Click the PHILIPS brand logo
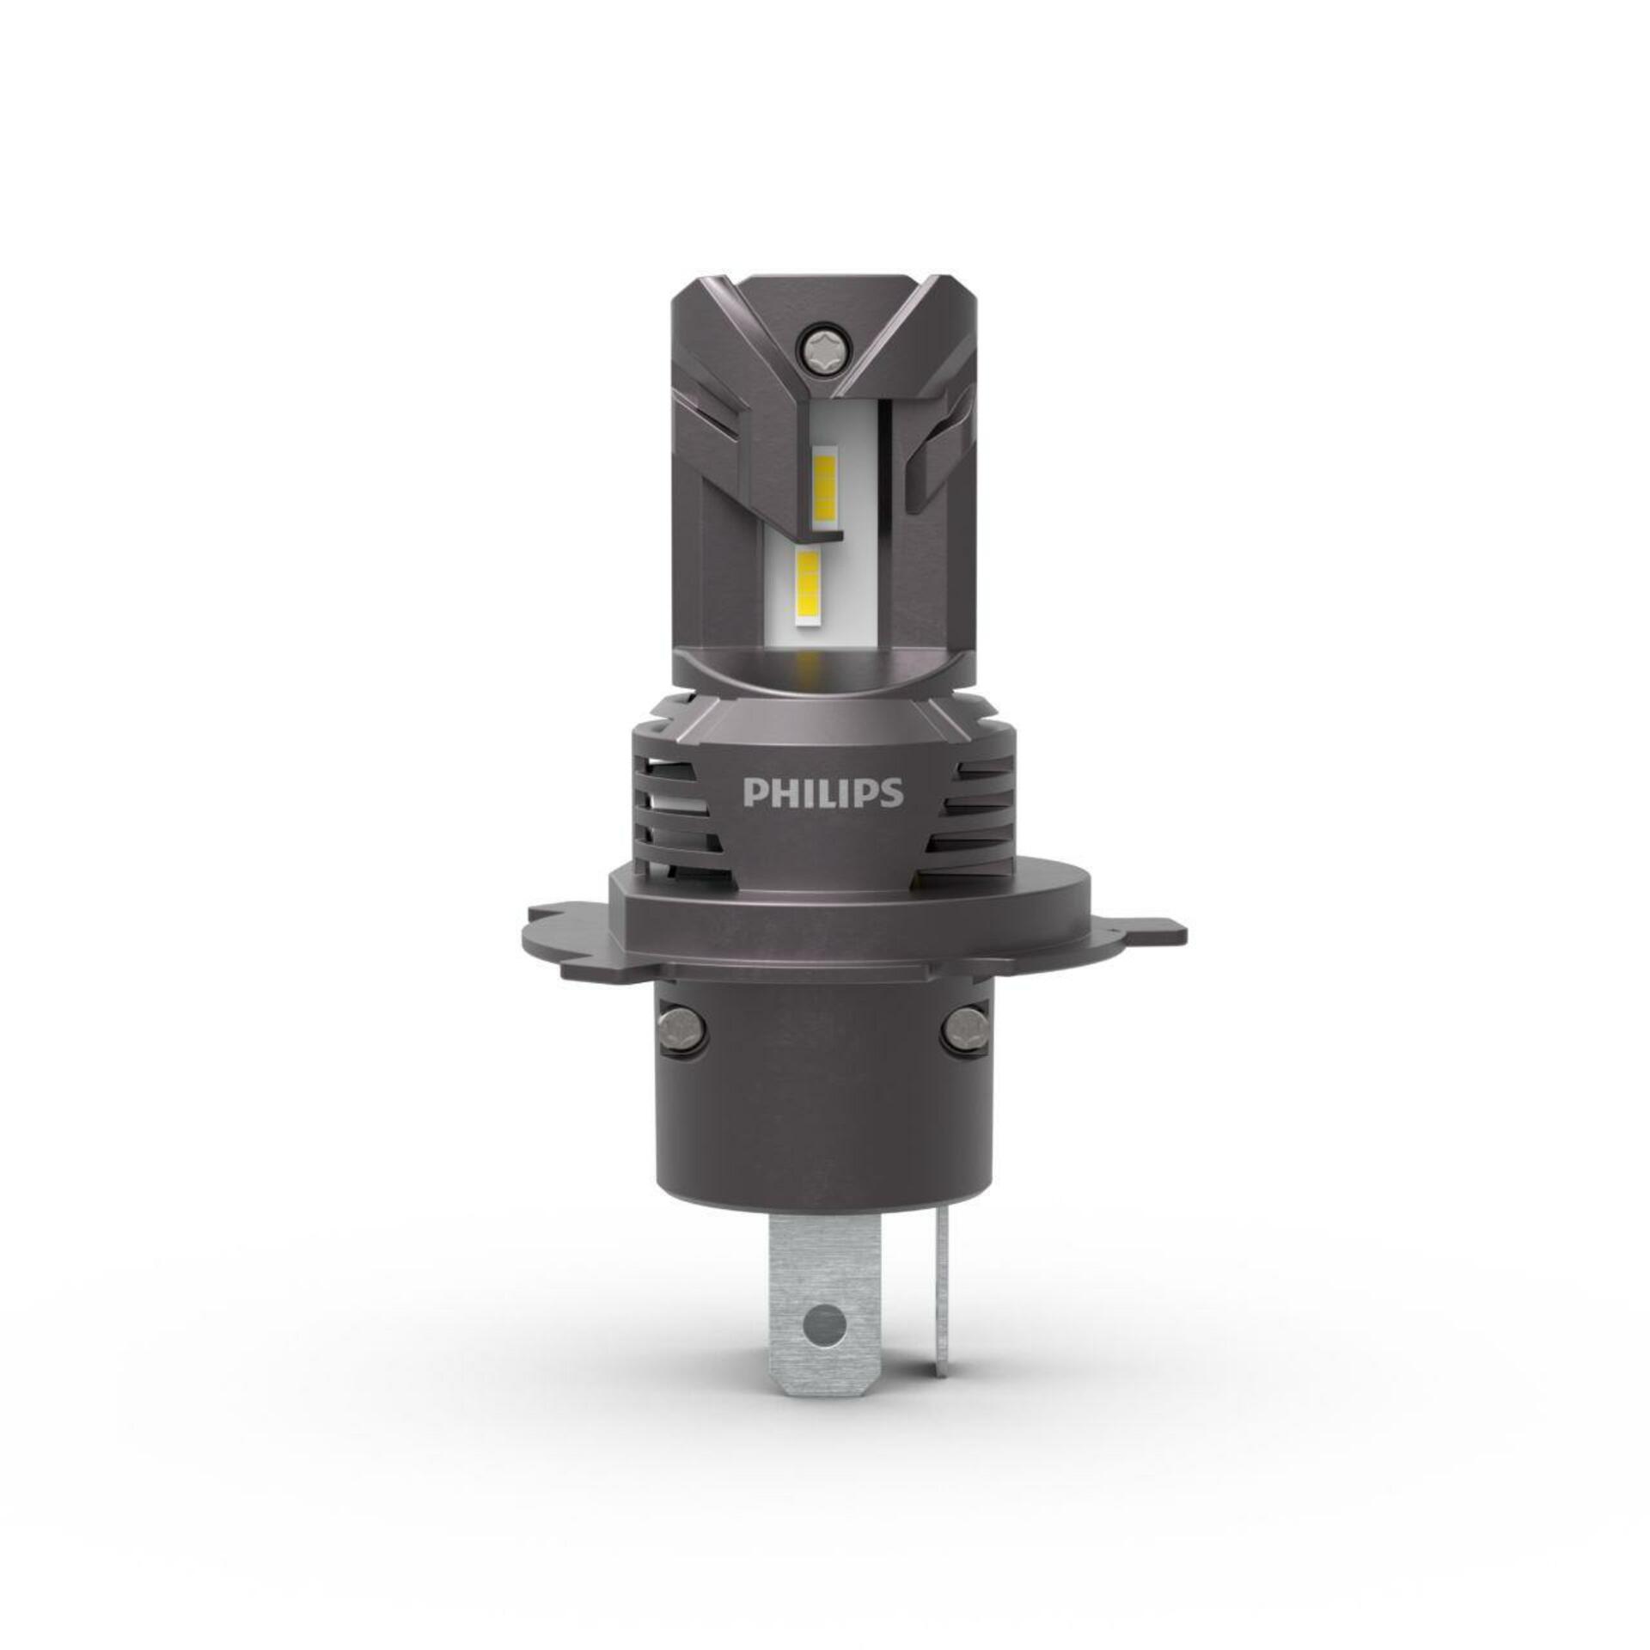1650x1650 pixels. pyautogui.click(x=822, y=791)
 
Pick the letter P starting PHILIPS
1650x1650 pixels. pyautogui.click(x=753, y=792)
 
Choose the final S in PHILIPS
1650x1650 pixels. pyautogui.click(x=892, y=792)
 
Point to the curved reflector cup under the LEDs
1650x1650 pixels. pyautogui.click(x=823, y=666)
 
